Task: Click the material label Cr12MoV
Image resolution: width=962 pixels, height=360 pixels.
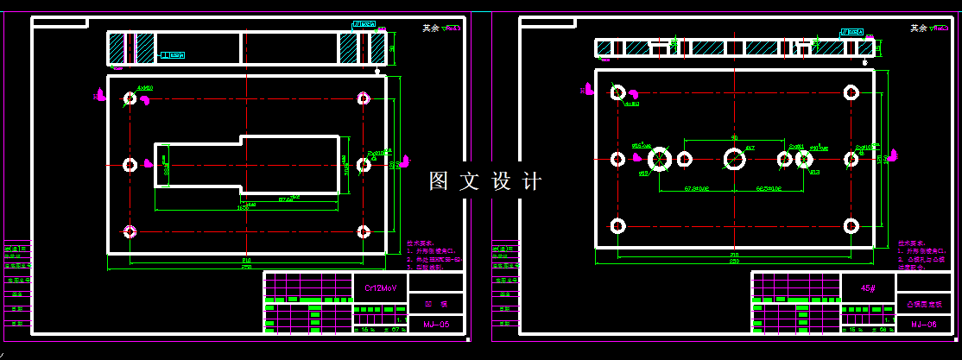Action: coord(380,287)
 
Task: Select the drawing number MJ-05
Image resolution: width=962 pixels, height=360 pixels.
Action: coord(436,325)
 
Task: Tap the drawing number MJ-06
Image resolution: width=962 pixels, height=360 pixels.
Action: coord(923,325)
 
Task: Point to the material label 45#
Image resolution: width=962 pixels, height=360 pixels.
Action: coord(868,287)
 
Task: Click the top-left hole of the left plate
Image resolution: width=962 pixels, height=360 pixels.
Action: coord(130,98)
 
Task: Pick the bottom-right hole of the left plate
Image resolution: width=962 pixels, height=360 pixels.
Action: coord(364,231)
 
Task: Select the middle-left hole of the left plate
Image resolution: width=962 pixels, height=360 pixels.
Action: coord(130,164)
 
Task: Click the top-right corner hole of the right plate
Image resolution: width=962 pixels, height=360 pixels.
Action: coord(851,92)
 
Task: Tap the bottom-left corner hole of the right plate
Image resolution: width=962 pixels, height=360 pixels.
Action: coord(617,226)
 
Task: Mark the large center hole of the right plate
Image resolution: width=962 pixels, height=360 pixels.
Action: coord(735,159)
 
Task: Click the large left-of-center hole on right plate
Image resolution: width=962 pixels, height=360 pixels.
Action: coord(661,159)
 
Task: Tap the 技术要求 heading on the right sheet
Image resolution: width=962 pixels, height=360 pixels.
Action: coord(911,243)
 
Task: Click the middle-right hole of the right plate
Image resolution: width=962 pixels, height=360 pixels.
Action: coord(851,159)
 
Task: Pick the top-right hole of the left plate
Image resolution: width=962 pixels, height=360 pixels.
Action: coord(364,98)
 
